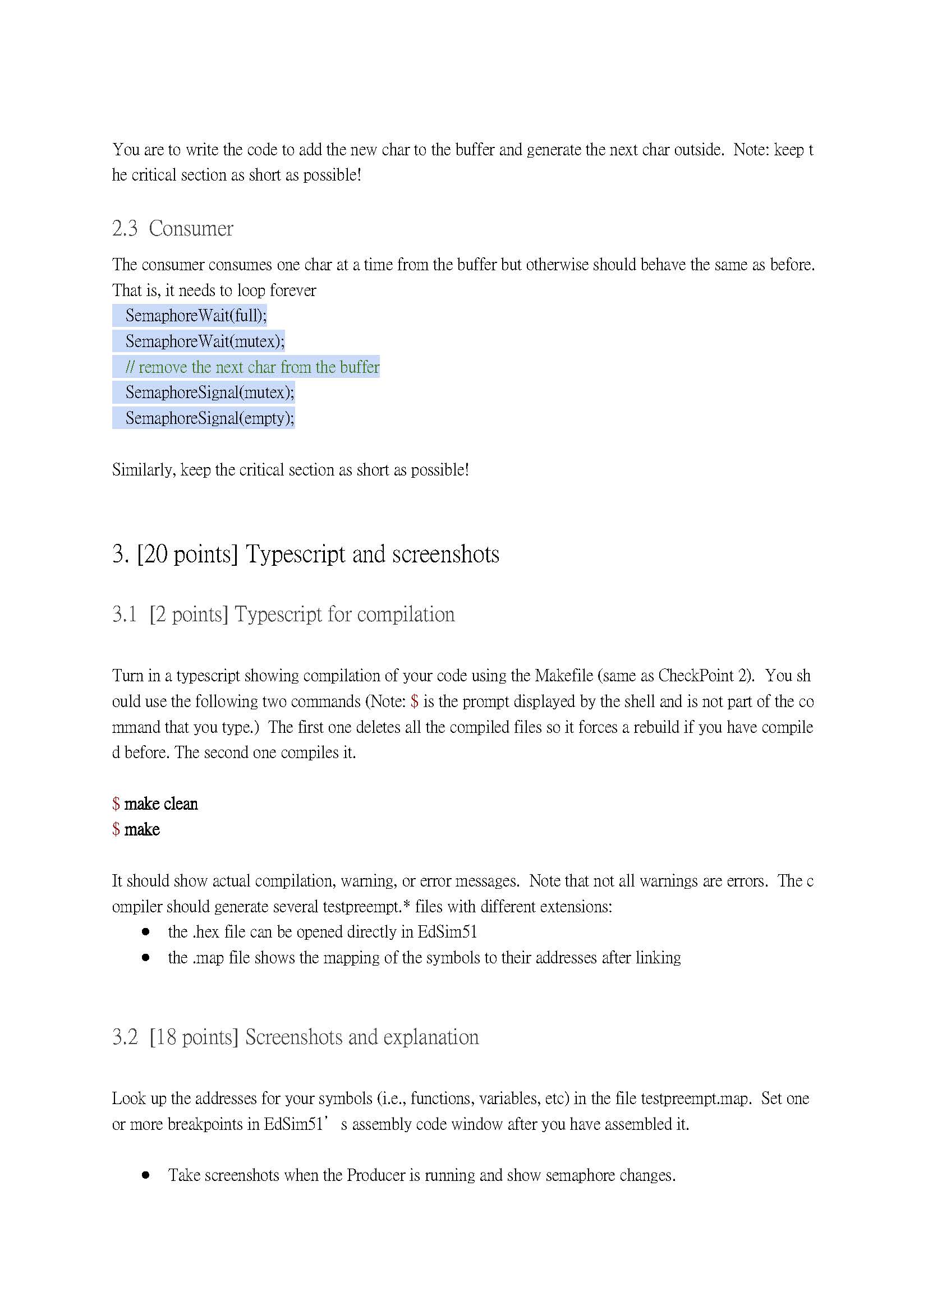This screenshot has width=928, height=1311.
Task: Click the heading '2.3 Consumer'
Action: click(x=173, y=229)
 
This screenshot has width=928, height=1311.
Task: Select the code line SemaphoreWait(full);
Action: click(x=195, y=316)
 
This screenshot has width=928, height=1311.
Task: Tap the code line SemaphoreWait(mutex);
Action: click(x=205, y=341)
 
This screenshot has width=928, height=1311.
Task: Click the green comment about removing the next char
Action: click(x=252, y=367)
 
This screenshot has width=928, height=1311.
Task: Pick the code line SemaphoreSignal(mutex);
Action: click(x=210, y=393)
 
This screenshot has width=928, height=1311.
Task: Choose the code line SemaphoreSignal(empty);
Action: click(x=210, y=418)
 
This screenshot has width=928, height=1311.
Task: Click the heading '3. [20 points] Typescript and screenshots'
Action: click(x=306, y=555)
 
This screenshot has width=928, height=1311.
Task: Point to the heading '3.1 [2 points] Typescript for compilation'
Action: click(x=283, y=615)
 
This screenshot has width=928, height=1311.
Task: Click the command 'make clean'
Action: click(x=161, y=804)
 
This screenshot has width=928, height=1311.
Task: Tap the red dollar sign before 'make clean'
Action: click(x=116, y=804)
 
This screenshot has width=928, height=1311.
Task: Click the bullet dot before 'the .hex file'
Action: click(x=146, y=932)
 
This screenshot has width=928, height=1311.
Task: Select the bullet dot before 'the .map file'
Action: click(x=146, y=958)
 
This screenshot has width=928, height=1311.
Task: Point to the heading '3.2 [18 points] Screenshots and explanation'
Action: click(x=296, y=1037)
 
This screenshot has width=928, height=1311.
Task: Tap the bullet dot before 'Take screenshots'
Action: click(x=146, y=1175)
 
